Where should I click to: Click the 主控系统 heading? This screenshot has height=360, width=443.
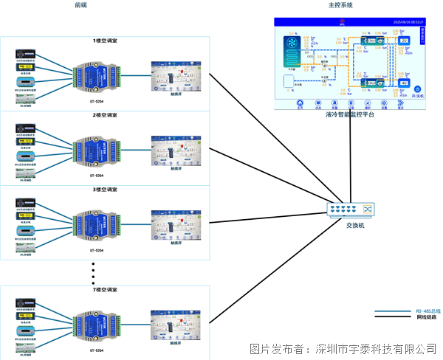340,5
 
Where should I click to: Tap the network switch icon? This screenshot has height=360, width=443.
351,210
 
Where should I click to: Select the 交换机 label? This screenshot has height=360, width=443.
357,226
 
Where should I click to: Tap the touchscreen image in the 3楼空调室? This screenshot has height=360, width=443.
175,224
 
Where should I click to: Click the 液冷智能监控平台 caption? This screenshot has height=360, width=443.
350,115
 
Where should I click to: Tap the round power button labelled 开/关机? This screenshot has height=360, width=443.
417,89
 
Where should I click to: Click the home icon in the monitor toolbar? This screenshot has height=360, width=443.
300,104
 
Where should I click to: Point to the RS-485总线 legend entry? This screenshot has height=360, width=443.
428,311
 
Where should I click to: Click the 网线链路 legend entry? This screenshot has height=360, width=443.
428,318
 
